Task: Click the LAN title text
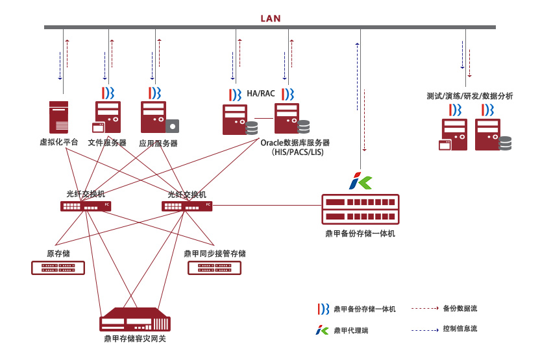pos(271,18)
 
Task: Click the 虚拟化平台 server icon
pos(58,117)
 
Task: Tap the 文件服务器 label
pos(107,143)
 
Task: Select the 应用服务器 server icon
pos(160,117)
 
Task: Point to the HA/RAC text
pos(261,93)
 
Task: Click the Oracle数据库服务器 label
pos(295,143)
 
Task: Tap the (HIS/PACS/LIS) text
pos(297,152)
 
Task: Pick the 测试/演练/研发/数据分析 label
pos(470,96)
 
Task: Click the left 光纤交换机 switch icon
pos(86,206)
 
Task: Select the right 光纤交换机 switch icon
pos(187,206)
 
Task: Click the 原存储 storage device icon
pos(58,268)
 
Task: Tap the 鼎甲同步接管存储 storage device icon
pos(214,268)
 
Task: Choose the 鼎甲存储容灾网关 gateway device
pos(134,320)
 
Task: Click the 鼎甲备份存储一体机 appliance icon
pos(360,210)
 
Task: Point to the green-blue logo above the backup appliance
pos(360,181)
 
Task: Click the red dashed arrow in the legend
pos(425,308)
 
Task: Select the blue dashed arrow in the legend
pos(425,330)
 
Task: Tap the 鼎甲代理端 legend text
pos(351,330)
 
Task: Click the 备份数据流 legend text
pos(460,308)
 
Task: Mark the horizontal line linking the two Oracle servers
pos(264,119)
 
